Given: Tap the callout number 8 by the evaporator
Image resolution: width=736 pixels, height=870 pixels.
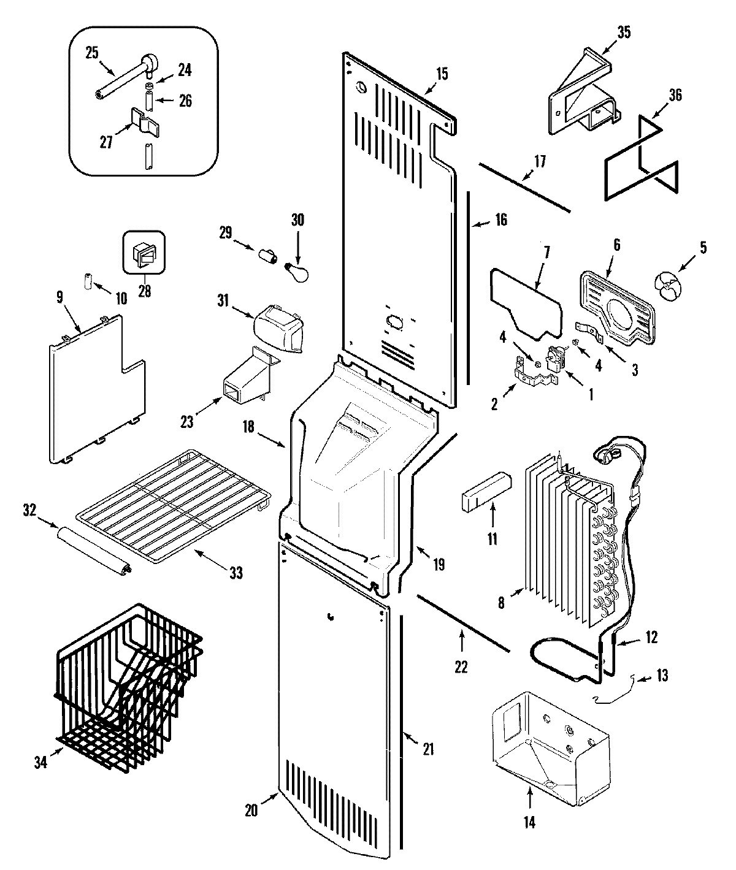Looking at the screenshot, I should tap(502, 603).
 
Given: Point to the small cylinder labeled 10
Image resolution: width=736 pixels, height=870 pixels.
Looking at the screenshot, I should tap(87, 281).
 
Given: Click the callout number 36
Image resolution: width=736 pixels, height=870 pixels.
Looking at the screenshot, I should tap(675, 95).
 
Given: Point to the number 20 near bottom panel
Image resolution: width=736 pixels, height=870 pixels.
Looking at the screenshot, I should tap(251, 810).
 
